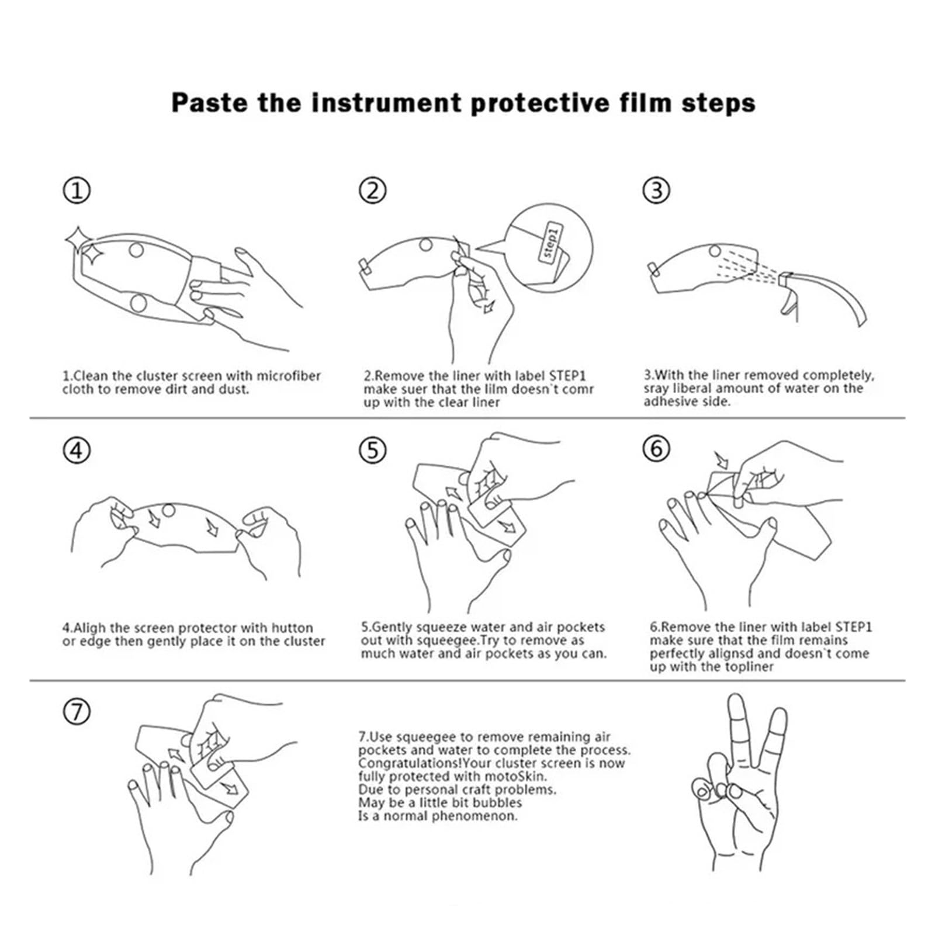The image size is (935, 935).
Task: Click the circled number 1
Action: coord(77,191)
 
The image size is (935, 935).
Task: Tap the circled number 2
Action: coord(372,191)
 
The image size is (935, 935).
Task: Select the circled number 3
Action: coord(656,191)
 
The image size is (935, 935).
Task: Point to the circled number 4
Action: coord(77,451)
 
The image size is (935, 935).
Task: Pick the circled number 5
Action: coord(372,451)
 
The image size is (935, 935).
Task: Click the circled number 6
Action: coord(656,449)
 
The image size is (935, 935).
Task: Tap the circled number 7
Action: coord(77,712)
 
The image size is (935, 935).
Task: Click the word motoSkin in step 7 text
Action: coord(519,777)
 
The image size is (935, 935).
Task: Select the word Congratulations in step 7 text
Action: coord(409,764)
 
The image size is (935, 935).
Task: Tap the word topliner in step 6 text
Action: coord(748,667)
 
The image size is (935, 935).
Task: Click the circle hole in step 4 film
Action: coord(168,510)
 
